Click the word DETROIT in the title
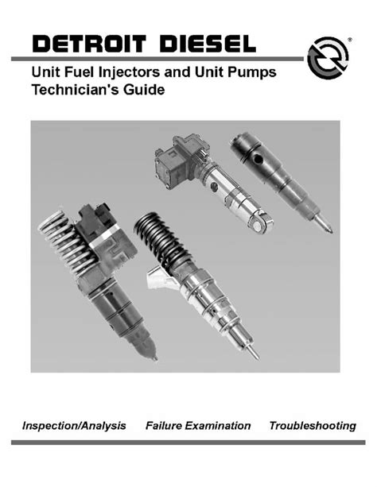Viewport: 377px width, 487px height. tap(89, 44)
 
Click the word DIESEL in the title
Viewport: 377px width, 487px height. tap(208, 44)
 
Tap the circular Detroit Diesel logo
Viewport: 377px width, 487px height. tap(328, 58)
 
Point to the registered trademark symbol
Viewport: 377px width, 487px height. tap(350, 40)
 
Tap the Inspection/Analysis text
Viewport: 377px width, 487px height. tap(74, 426)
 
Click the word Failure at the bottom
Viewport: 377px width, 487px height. tap(164, 426)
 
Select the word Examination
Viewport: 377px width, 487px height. tap(218, 426)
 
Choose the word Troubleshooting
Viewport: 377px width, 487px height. tap(313, 426)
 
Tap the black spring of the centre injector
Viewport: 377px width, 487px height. tap(159, 238)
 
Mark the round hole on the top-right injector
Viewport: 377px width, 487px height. tap(258, 160)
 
